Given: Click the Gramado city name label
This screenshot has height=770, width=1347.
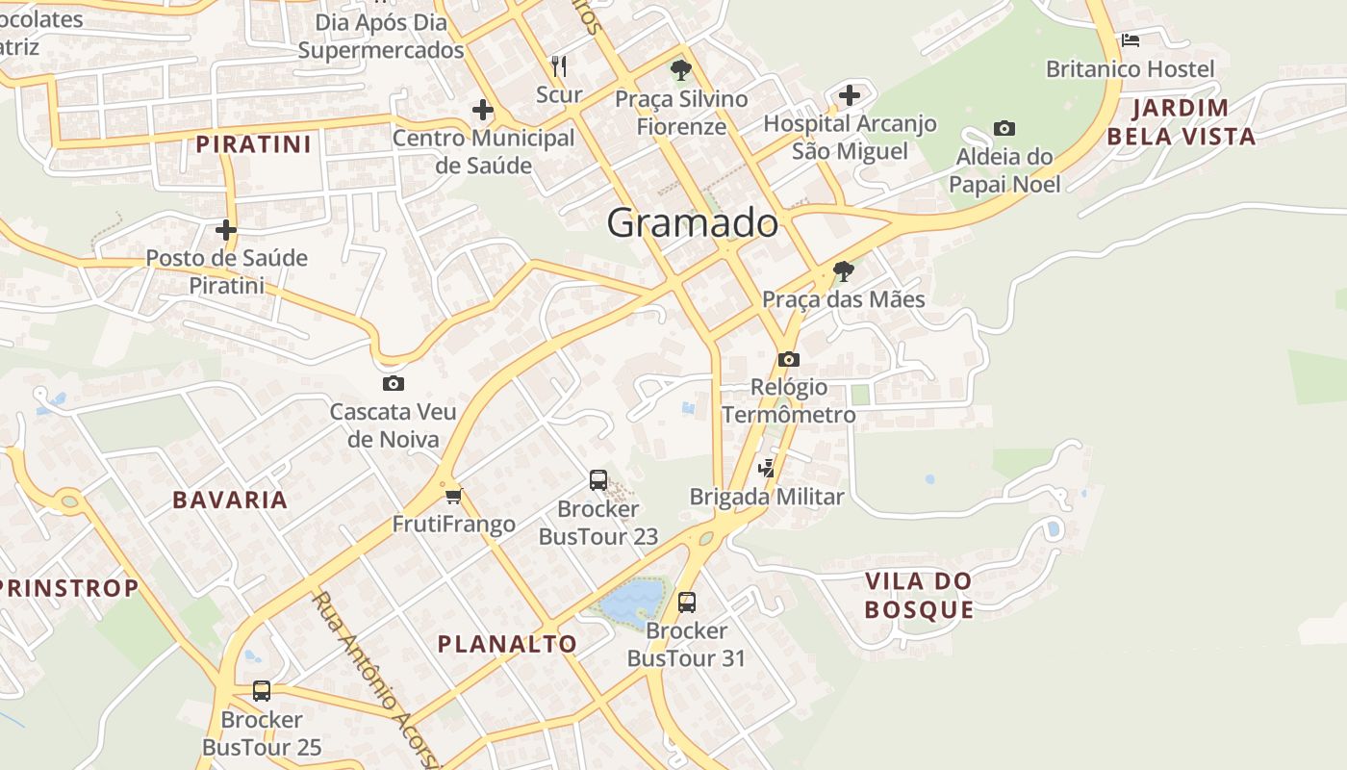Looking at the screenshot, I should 692,223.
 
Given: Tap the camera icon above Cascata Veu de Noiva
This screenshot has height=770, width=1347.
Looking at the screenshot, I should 394,384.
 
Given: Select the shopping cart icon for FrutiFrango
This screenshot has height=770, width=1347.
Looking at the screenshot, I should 454,497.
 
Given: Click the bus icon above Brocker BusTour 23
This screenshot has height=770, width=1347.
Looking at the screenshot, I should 598,479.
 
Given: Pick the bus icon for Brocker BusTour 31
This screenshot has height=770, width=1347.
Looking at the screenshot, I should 687,603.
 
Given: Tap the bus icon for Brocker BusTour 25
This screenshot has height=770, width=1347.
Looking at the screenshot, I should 262,690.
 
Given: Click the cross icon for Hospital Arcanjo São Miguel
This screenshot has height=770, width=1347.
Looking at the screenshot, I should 849,95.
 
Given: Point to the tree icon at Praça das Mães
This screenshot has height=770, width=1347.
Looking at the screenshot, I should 844,271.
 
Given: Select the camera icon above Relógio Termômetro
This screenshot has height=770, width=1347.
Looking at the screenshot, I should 789,360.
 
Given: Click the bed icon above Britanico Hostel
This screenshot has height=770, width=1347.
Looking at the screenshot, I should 1131,40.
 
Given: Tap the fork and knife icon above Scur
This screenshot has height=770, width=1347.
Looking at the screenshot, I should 559,65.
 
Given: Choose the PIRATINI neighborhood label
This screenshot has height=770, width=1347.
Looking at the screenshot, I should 254,145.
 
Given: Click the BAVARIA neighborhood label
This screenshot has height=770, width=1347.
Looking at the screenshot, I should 230,500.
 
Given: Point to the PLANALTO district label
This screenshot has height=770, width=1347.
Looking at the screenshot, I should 507,644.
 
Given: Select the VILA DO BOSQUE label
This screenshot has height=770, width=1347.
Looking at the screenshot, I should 919,596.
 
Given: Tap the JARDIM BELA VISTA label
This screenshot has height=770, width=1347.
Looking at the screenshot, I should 1182,122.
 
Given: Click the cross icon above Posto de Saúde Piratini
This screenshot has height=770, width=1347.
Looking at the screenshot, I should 226,230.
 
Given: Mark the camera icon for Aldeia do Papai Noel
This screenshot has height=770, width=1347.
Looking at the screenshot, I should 1004,128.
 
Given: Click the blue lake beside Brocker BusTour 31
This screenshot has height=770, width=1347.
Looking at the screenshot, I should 631,602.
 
